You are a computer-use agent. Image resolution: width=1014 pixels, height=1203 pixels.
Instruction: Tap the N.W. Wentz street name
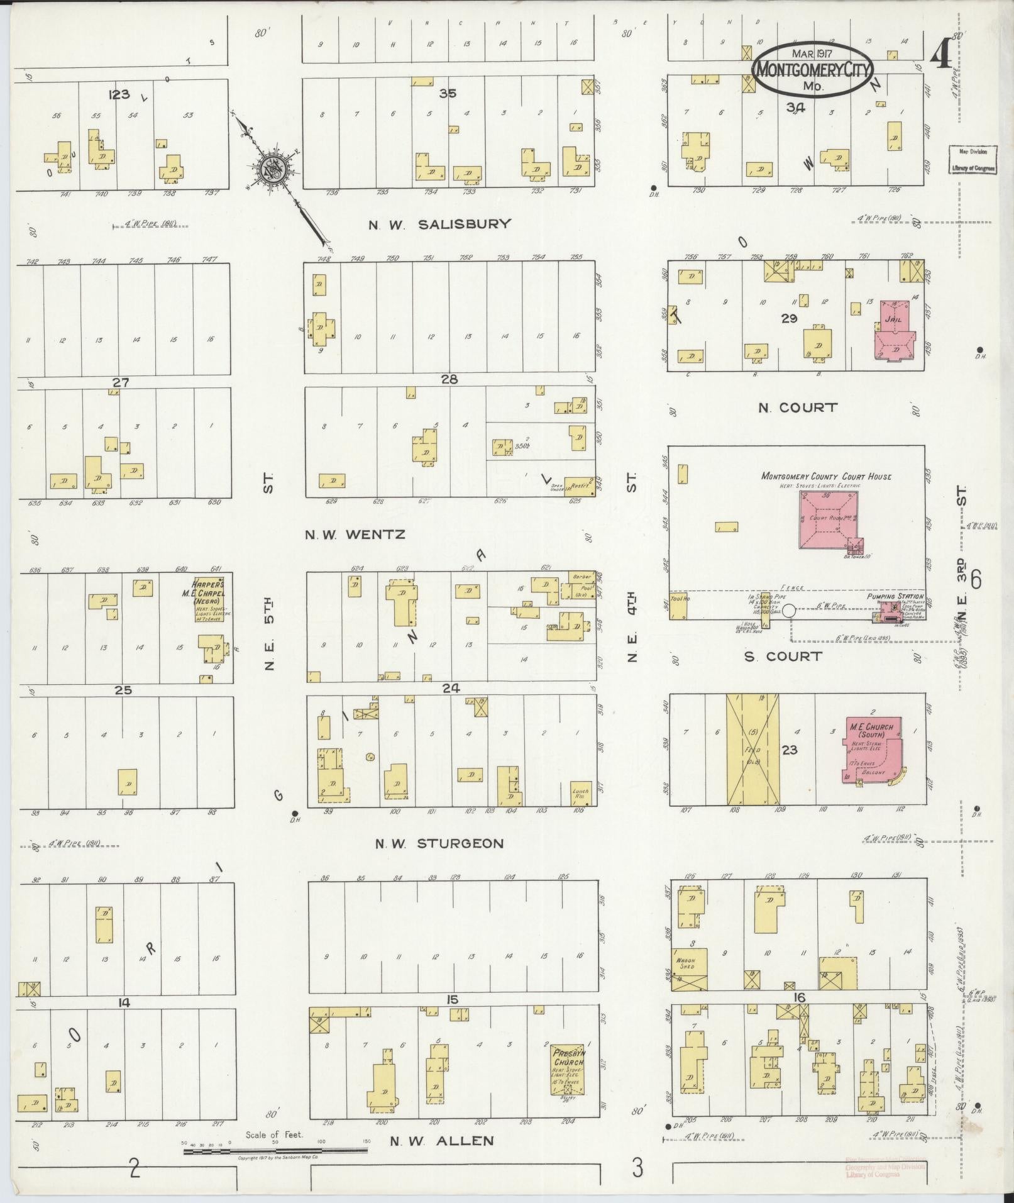click(x=355, y=535)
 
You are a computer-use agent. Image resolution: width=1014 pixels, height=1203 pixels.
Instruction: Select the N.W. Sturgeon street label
click(x=439, y=843)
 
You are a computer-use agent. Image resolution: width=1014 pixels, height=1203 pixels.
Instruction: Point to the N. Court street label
click(x=798, y=407)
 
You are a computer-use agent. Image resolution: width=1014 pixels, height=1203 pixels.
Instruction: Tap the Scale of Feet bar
click(x=275, y=1151)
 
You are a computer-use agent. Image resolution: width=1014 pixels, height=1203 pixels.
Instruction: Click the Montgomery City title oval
click(x=813, y=69)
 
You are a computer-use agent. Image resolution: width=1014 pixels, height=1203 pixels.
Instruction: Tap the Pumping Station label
click(x=895, y=596)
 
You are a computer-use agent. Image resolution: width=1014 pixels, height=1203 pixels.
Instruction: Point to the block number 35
click(x=448, y=94)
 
